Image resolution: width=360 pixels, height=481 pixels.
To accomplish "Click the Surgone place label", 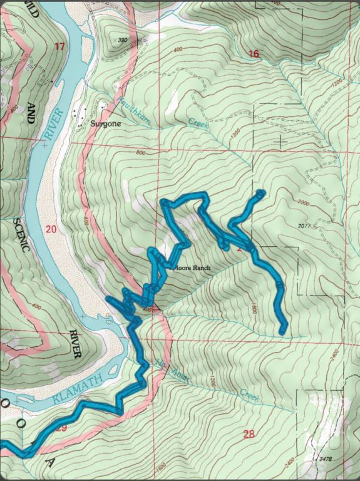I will coord(106,123).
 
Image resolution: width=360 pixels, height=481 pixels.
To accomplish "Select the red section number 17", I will coord(59,46).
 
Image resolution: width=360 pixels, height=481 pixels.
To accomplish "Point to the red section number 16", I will coord(253,54).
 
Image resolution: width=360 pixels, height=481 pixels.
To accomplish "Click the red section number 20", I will coord(51,229).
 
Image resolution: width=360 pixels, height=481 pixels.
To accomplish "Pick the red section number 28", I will coord(249,433).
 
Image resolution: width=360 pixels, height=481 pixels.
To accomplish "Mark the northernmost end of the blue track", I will coord(260,193).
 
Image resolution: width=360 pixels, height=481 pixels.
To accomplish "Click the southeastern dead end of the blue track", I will coord(282,330).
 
